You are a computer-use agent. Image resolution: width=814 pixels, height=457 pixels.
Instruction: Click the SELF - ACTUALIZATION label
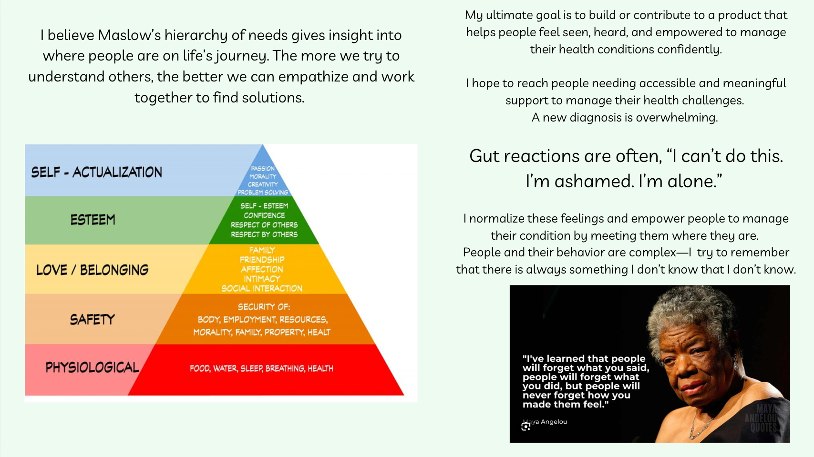[96, 172]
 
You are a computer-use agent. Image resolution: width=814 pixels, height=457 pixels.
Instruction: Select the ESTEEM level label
[93, 220]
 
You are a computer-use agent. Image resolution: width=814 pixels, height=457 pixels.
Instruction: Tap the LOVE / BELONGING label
[92, 270]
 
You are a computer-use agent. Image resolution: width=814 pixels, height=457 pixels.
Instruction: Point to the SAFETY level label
[92, 319]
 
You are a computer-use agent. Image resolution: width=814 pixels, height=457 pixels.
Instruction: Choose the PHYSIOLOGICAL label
[92, 367]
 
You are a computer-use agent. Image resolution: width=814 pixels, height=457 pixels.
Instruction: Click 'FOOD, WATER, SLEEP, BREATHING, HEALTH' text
[261, 368]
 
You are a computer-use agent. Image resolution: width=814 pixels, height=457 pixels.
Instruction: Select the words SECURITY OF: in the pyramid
[264, 307]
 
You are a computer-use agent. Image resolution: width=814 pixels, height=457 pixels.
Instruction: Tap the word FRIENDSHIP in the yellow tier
[262, 260]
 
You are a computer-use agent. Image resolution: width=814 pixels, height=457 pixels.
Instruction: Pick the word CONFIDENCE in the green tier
[264, 215]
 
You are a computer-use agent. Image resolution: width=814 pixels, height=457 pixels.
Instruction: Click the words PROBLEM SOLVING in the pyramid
[263, 193]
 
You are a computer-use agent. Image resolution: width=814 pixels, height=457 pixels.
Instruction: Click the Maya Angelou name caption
[549, 422]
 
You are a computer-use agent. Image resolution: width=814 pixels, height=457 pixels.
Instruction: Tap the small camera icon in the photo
[525, 427]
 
